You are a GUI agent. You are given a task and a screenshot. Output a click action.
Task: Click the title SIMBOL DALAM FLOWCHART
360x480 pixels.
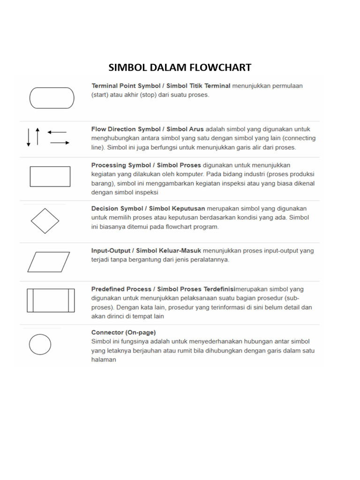pyautogui.click(x=180, y=67)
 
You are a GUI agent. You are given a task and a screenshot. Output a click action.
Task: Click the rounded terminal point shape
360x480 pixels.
pyautogui.click(x=52, y=98)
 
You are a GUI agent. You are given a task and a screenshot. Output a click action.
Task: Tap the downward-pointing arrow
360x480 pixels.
pyautogui.click(x=29, y=136)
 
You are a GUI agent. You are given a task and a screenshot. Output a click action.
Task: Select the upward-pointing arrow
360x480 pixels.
pyautogui.click(x=37, y=135)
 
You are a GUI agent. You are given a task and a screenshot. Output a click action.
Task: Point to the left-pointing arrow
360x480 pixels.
pyautogui.click(x=57, y=132)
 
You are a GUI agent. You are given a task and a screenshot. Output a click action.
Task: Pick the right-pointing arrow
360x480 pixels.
pyautogui.click(x=60, y=142)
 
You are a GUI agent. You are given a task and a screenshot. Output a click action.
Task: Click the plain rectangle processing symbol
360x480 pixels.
pyautogui.click(x=50, y=176)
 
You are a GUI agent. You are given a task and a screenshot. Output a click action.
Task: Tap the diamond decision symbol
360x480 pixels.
pyautogui.click(x=45, y=220)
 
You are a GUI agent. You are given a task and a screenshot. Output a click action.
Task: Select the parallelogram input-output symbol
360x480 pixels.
pyautogui.click(x=48, y=262)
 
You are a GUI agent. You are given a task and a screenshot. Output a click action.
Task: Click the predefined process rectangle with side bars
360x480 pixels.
pyautogui.click(x=51, y=300)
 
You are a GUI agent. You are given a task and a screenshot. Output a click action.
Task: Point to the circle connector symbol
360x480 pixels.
pyautogui.click(x=40, y=345)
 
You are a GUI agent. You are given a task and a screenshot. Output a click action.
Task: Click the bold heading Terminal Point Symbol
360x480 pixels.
pyautogui.click(x=121, y=86)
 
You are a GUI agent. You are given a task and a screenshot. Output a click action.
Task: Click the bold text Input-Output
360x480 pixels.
pyautogui.click(x=111, y=251)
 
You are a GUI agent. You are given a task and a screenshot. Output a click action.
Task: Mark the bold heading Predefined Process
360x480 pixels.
pyautogui.click(x=121, y=289)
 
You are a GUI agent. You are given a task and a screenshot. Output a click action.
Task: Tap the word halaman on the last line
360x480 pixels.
pyautogui.click(x=104, y=360)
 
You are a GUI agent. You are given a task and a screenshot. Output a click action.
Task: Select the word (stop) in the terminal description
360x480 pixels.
pyautogui.click(x=135, y=94)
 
